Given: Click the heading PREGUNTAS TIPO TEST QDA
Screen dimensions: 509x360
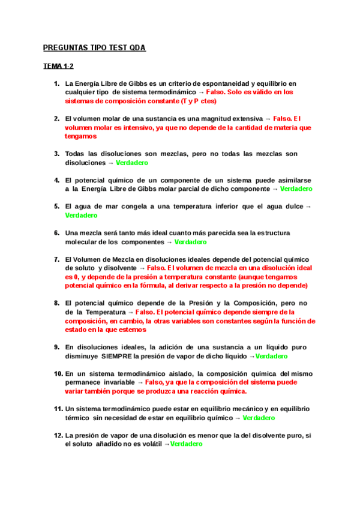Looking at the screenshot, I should tap(94, 47).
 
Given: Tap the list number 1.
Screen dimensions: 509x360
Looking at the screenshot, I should tap(56, 83).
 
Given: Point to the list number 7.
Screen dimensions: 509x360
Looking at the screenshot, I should tap(56, 259).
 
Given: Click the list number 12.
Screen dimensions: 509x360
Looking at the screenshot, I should tap(58, 435).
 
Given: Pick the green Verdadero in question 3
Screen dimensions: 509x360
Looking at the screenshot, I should tap(132, 163).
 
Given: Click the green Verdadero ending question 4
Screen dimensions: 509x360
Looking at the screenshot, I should tap(296, 189).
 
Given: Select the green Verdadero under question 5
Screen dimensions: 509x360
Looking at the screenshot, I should tap(81, 215).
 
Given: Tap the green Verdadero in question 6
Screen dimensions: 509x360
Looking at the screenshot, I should tap(190, 242).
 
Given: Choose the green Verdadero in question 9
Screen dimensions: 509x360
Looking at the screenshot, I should tap(272, 356).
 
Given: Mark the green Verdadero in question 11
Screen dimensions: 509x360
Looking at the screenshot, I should tap(259, 418).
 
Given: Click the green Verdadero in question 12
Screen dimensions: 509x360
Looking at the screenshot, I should tap(187, 444).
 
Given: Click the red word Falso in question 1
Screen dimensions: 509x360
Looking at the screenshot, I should tap(217, 93).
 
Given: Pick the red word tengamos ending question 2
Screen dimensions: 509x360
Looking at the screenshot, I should tap(80, 136).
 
